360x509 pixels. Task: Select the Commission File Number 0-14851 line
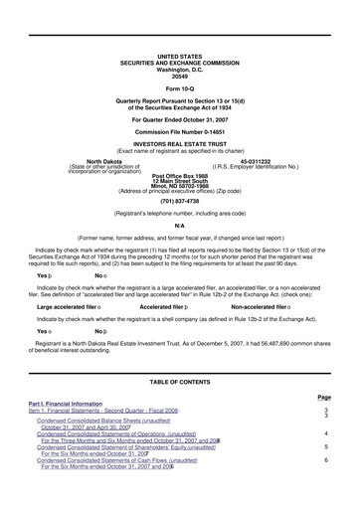[179, 131]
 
